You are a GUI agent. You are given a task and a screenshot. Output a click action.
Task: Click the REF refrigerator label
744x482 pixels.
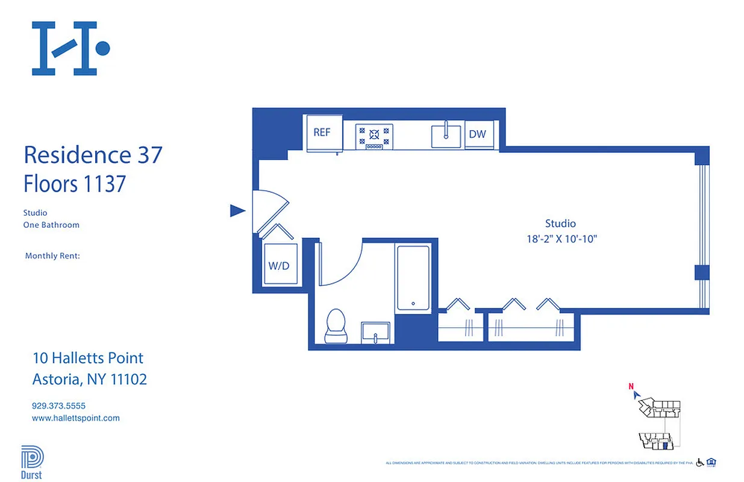click(322, 133)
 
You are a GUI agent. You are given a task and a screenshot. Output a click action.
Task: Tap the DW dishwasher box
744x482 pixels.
click(478, 134)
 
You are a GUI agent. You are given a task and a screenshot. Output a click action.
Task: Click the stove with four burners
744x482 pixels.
click(374, 136)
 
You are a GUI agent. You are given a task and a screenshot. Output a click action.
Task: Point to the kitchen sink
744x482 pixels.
click(446, 136)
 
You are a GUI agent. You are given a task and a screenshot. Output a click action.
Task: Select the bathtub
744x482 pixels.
click(413, 278)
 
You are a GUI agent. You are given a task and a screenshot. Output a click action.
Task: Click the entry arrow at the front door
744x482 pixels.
click(238, 211)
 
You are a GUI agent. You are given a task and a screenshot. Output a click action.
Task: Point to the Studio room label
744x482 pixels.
click(560, 224)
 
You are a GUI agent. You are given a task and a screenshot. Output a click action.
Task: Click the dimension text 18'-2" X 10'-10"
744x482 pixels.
click(561, 239)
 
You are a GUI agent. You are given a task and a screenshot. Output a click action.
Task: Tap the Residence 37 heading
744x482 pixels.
click(93, 155)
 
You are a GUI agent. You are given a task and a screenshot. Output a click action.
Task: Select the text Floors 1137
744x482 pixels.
click(75, 184)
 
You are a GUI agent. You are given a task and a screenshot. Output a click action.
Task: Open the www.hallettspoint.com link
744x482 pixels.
click(76, 418)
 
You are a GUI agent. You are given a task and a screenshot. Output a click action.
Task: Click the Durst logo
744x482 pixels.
click(31, 463)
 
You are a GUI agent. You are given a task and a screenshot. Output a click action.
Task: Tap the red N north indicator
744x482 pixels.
click(631, 387)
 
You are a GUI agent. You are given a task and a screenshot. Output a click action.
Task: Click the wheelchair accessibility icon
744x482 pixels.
click(700, 462)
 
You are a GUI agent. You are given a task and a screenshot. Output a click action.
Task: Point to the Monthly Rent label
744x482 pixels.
click(52, 256)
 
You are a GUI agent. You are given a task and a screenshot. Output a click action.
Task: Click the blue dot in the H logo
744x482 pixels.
click(102, 48)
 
